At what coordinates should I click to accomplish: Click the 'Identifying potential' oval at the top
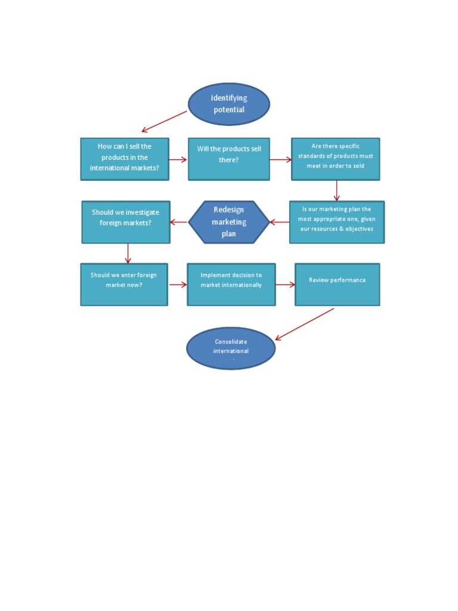(229, 104)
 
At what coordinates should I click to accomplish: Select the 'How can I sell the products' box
(125, 159)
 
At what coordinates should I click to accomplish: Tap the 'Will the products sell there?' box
(229, 159)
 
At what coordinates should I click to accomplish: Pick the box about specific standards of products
(336, 159)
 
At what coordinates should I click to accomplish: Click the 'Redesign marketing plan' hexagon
(229, 222)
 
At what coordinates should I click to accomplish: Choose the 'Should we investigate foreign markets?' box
(126, 222)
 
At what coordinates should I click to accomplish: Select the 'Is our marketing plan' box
(337, 222)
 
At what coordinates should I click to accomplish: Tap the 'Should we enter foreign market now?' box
(124, 284)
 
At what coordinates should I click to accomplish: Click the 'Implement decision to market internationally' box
(231, 284)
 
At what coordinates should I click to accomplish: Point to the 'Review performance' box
(338, 284)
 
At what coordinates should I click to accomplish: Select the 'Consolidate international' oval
(231, 348)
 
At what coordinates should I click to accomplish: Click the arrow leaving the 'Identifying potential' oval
(164, 122)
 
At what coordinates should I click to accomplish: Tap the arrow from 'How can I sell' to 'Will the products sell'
(178, 159)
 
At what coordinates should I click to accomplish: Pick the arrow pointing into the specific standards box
(280, 159)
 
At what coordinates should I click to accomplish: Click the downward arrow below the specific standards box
(337, 190)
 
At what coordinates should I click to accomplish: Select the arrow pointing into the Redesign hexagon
(279, 223)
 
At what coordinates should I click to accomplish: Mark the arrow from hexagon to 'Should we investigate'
(179, 223)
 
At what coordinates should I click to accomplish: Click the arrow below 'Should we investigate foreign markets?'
(128, 253)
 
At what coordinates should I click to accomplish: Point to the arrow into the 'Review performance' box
(285, 285)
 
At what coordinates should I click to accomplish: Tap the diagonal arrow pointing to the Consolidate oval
(304, 324)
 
